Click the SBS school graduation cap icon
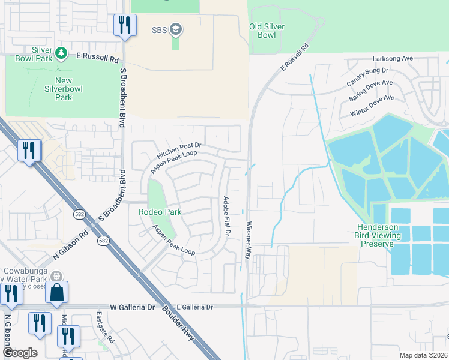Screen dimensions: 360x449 (176, 29)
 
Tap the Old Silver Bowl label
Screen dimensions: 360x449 (267, 31)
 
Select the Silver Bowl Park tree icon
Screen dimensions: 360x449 (61, 54)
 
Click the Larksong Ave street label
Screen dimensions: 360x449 (393, 59)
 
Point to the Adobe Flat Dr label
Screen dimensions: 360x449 (227, 217)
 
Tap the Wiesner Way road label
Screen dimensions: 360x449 (248, 241)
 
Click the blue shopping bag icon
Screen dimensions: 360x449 (56, 292)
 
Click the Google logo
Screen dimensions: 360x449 (20, 353)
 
